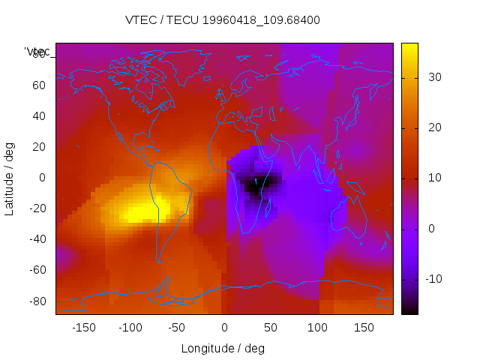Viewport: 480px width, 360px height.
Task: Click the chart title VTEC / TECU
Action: pos(223,20)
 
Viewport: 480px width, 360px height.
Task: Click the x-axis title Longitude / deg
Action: pos(223,348)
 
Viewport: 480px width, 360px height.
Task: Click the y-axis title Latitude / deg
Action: pos(10,178)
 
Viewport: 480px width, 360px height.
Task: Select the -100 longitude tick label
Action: pos(130,328)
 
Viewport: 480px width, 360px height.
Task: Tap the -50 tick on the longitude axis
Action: pos(177,328)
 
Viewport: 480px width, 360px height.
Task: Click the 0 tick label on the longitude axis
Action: pos(223,328)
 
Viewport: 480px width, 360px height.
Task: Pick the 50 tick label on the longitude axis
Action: pos(270,328)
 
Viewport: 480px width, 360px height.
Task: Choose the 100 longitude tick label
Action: pos(316,328)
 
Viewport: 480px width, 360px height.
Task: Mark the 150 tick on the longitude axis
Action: pos(364,328)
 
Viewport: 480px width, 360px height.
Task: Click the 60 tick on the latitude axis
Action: pos(38,85)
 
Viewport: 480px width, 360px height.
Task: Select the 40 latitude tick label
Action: pos(38,115)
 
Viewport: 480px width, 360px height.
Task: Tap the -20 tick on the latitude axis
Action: pos(36,208)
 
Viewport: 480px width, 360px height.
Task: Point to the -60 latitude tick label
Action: pos(36,270)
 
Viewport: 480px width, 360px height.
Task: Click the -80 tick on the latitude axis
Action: pos(36,301)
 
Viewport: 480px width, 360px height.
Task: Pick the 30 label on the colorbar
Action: pos(433,76)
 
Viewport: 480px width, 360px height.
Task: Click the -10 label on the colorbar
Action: pos(435,279)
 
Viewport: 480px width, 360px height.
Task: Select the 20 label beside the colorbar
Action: pos(433,127)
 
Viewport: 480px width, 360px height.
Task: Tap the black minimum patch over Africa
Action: pos(254,187)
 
